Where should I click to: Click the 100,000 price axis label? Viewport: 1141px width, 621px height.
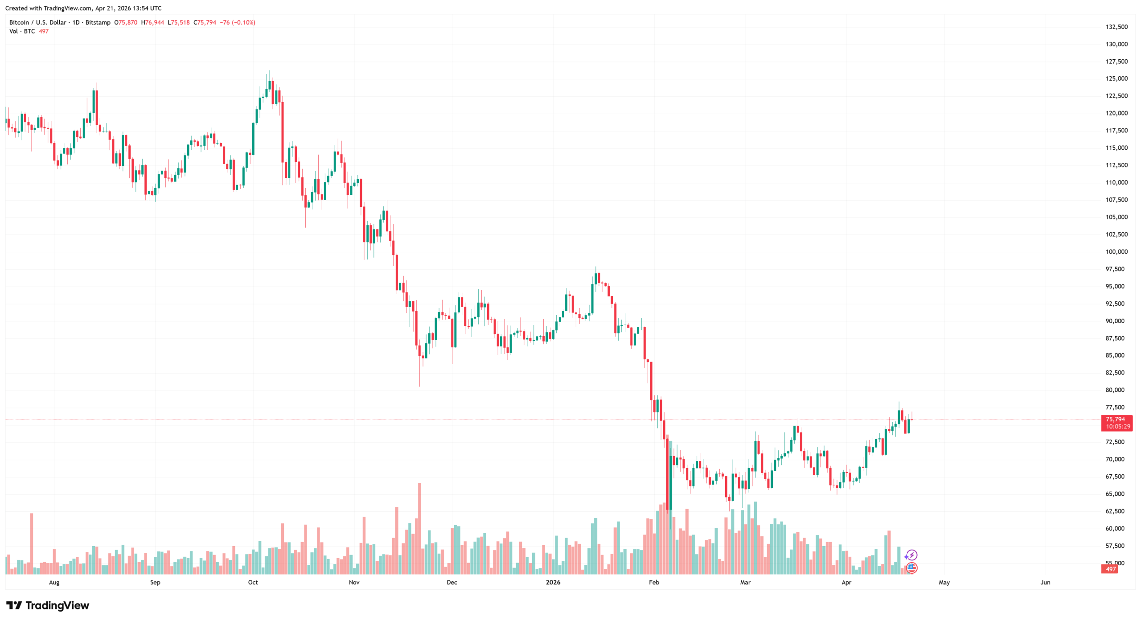point(1116,251)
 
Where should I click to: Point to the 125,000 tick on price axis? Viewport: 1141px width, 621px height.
point(1116,78)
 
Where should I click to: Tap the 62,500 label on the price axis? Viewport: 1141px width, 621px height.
point(1116,511)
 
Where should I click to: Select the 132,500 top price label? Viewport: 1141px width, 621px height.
point(1116,27)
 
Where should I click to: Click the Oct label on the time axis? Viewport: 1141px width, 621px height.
point(253,582)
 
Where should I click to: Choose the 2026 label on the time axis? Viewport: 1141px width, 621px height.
point(553,582)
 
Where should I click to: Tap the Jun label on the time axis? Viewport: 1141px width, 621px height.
point(1045,582)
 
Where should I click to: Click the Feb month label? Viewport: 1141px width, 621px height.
point(653,582)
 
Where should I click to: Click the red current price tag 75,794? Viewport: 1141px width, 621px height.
point(1115,419)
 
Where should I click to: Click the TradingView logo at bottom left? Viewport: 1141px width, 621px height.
point(48,605)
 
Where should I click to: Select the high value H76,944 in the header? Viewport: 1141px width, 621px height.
point(152,22)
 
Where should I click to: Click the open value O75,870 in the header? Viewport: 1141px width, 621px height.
point(126,22)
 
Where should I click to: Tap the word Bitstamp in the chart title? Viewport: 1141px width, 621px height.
point(98,22)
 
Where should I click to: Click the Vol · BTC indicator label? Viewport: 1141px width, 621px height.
point(22,31)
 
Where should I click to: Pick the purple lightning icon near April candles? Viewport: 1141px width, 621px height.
point(911,555)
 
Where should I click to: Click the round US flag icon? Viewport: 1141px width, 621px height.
point(911,568)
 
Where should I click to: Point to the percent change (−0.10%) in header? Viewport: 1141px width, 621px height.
point(243,22)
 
